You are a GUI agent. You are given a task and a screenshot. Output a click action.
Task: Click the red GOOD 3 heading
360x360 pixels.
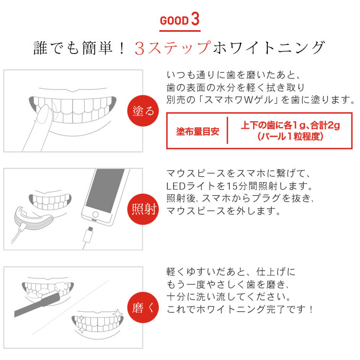180,20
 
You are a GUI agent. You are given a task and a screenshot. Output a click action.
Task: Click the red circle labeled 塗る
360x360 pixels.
143,111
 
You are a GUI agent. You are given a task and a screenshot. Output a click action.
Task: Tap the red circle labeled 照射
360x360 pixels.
143,209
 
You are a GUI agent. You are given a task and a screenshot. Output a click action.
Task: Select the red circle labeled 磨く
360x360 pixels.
143,308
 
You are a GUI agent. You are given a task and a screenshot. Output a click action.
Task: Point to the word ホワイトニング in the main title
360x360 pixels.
268,48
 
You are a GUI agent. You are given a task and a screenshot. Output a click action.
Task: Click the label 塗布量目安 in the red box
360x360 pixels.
197,131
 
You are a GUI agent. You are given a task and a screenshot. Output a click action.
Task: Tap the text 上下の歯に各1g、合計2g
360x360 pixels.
290,125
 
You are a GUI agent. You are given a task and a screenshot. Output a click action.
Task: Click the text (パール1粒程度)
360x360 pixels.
290,137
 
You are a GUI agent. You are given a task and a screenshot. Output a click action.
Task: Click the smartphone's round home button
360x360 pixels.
95,214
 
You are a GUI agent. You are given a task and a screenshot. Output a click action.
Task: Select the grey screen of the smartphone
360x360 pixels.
105,191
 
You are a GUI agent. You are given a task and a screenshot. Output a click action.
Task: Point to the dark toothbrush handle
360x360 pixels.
37,304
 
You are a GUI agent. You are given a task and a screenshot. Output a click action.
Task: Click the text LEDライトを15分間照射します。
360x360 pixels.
239,186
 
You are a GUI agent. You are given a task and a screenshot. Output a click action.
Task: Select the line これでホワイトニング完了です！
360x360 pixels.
240,309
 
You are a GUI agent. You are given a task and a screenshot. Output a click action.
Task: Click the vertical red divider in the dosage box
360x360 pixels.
227,130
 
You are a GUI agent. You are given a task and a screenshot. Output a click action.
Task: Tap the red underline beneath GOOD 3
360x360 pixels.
180,31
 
